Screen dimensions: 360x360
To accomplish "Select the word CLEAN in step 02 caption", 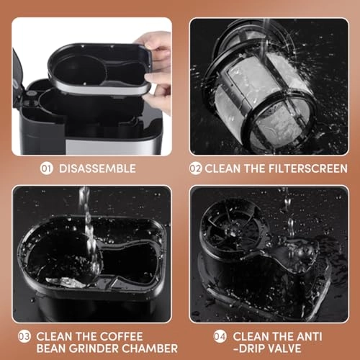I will [225, 168].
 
